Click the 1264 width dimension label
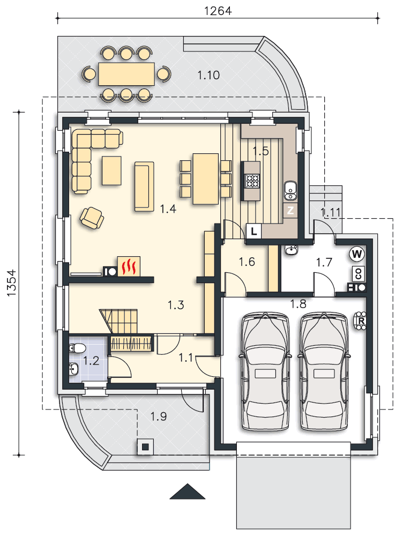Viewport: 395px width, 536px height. click(x=218, y=11)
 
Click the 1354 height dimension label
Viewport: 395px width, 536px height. click(x=11, y=282)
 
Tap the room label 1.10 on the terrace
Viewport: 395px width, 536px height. click(x=208, y=75)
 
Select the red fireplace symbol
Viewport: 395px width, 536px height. click(x=129, y=266)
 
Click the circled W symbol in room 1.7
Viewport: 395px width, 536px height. click(x=356, y=254)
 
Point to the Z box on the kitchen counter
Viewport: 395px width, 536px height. click(x=290, y=210)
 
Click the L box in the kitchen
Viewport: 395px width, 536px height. click(x=254, y=232)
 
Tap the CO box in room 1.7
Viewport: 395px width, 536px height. click(x=359, y=273)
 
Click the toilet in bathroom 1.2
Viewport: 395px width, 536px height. click(x=77, y=348)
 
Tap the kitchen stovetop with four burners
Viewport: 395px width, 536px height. click(x=252, y=181)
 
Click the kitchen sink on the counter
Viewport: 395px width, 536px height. click(x=290, y=191)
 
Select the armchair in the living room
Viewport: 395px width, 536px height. click(x=92, y=218)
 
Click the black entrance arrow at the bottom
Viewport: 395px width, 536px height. click(x=187, y=491)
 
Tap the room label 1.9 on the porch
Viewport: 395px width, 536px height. click(x=159, y=416)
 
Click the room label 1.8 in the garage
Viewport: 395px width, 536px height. click(x=298, y=303)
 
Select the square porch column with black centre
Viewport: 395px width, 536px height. click(x=145, y=446)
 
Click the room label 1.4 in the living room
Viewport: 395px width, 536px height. click(x=168, y=209)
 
